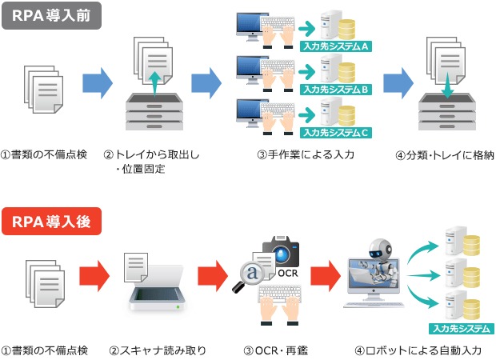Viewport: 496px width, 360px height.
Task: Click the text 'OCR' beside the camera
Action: [x=289, y=274]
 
